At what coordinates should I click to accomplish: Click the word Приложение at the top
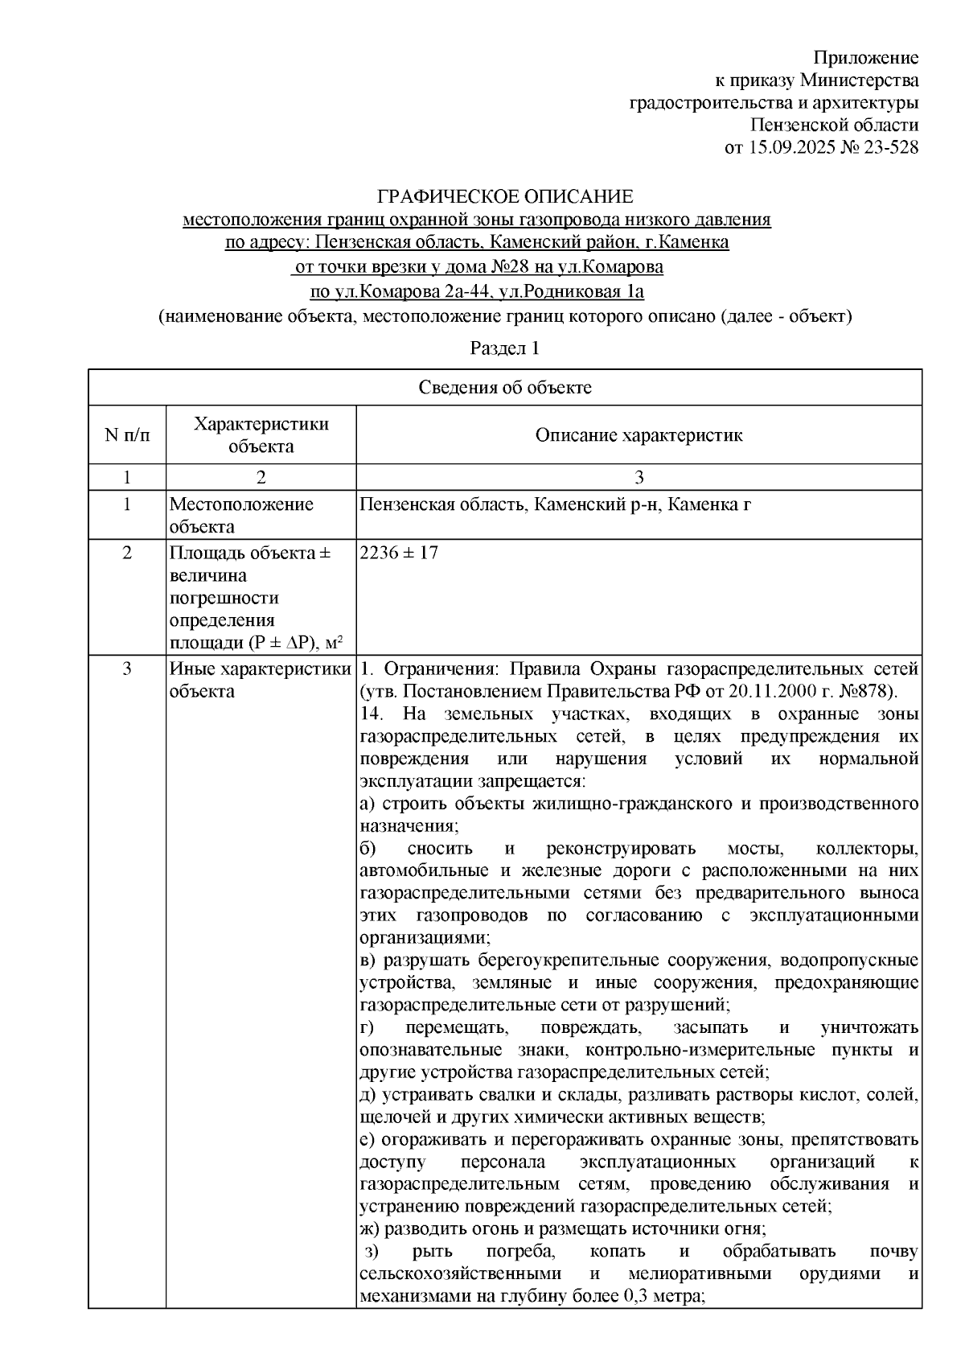pyautogui.click(x=865, y=58)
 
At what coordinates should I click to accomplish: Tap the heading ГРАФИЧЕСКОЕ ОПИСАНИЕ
pyautogui.click(x=506, y=196)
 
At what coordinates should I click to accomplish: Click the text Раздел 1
pyautogui.click(x=504, y=348)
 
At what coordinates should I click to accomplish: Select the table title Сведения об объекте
pyautogui.click(x=505, y=388)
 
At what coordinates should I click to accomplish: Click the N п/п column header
pyautogui.click(x=127, y=435)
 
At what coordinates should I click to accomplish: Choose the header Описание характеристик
pyautogui.click(x=639, y=435)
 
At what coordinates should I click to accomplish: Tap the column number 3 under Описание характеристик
pyautogui.click(x=639, y=478)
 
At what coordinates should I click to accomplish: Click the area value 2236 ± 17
pyautogui.click(x=399, y=553)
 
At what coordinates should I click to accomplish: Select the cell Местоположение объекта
pyautogui.click(x=240, y=516)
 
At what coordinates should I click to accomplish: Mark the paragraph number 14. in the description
pyautogui.click(x=372, y=714)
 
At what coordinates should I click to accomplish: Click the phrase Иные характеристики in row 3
pyautogui.click(x=259, y=669)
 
